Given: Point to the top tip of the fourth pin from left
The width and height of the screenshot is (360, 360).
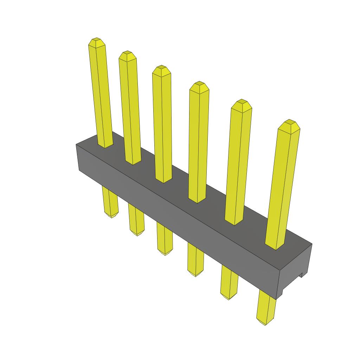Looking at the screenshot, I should [199, 83].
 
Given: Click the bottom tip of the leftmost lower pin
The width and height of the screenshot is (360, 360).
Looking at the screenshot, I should [111, 216].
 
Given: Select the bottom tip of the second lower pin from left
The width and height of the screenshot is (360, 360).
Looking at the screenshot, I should [137, 234].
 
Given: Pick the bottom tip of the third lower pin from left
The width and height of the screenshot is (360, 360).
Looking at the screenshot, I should [165, 253].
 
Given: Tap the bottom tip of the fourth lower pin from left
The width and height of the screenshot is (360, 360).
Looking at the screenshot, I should [195, 275].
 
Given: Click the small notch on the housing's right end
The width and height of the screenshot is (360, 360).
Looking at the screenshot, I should [301, 275].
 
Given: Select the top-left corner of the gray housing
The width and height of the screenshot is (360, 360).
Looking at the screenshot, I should [77, 144].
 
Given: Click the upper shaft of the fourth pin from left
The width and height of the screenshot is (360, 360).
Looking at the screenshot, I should [198, 141].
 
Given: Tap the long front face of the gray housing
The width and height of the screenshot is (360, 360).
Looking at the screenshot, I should [176, 218].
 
